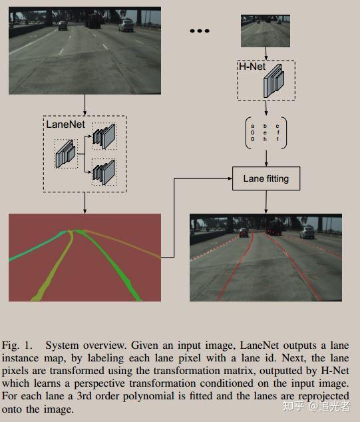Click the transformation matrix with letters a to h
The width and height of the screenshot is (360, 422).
(266, 132)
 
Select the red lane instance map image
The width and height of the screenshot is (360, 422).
(85, 257)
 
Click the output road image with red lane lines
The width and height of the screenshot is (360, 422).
(266, 257)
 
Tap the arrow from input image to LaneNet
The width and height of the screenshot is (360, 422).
(85, 104)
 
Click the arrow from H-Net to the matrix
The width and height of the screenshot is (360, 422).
(266, 108)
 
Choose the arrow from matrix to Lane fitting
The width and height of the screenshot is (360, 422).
(266, 158)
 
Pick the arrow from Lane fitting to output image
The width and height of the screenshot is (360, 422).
(266, 202)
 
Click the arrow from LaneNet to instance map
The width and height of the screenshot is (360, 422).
(85, 202)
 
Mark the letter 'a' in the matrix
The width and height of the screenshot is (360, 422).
(252, 125)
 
